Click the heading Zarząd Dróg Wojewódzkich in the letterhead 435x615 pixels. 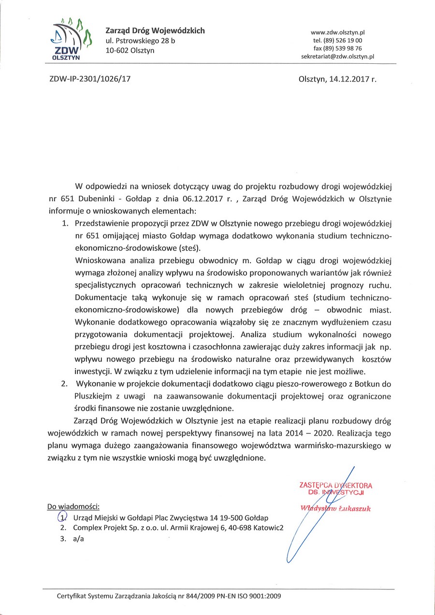pos(155,30)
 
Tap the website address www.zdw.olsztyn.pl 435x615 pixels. pos(337,32)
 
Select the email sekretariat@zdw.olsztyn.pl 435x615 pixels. pos(337,57)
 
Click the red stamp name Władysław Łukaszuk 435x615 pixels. pos(335,508)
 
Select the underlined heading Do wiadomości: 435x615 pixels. pos(73,506)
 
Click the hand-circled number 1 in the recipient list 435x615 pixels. pos(63,517)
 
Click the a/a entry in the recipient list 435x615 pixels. pos(78,540)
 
